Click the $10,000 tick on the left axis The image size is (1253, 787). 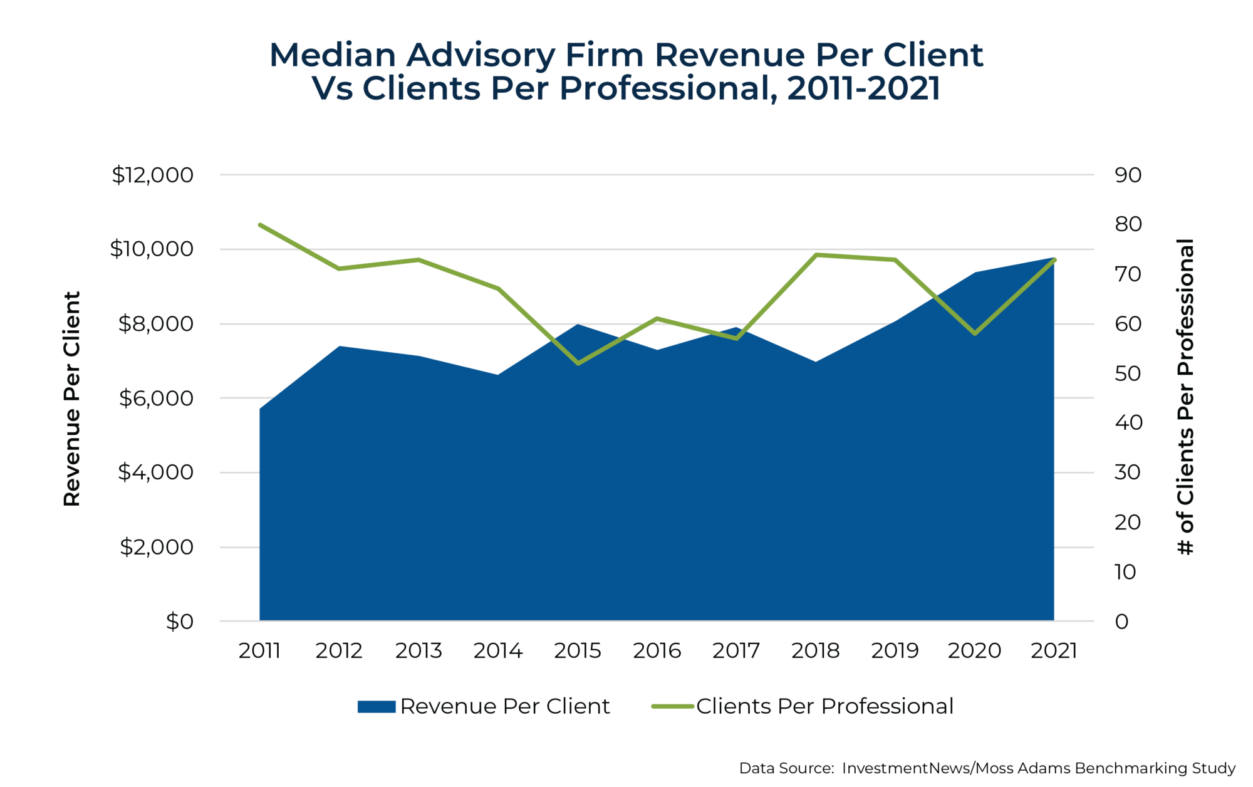pyautogui.click(x=152, y=249)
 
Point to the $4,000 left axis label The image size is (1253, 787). pyautogui.click(x=155, y=472)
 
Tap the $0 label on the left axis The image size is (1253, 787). pyautogui.click(x=179, y=622)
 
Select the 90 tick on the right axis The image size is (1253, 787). pyautogui.click(x=1128, y=175)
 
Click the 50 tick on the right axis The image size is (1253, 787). pyautogui.click(x=1128, y=373)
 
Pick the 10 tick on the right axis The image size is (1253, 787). pyautogui.click(x=1125, y=572)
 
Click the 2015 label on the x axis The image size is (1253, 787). pyautogui.click(x=577, y=651)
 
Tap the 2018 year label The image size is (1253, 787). pyautogui.click(x=815, y=651)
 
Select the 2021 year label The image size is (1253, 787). pyautogui.click(x=1054, y=651)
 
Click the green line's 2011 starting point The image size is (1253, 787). pyautogui.click(x=260, y=224)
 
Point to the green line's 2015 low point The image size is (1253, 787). pyautogui.click(x=578, y=363)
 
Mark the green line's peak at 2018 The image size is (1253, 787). pyautogui.click(x=816, y=254)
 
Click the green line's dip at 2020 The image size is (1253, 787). pyautogui.click(x=975, y=333)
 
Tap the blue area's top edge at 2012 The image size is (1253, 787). pyautogui.click(x=339, y=347)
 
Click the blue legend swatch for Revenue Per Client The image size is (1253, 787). pyautogui.click(x=376, y=707)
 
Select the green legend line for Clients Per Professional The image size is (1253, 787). pyautogui.click(x=672, y=707)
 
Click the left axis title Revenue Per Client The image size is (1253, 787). pyautogui.click(x=72, y=399)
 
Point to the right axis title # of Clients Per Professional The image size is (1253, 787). pyautogui.click(x=1185, y=397)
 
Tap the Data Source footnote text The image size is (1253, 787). pyautogui.click(x=987, y=768)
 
